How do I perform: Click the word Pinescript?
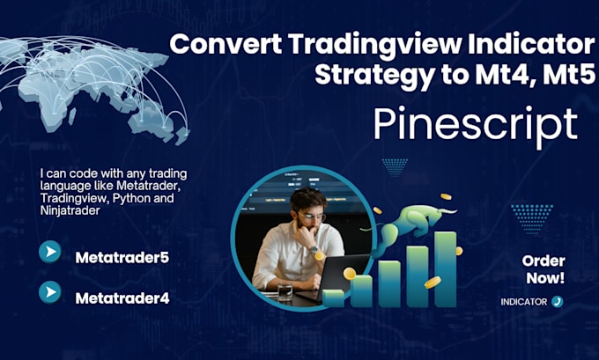(x=476, y=125)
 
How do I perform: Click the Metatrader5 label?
(x=122, y=258)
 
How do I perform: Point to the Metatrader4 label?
(x=122, y=298)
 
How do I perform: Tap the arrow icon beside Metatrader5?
(x=50, y=253)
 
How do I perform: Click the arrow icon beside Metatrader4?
(x=50, y=291)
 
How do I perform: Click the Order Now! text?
(x=543, y=269)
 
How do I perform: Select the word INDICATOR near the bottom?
(x=524, y=302)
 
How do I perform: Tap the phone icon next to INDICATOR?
(x=558, y=301)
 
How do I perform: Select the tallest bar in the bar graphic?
(x=446, y=268)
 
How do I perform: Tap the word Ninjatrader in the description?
(x=73, y=211)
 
